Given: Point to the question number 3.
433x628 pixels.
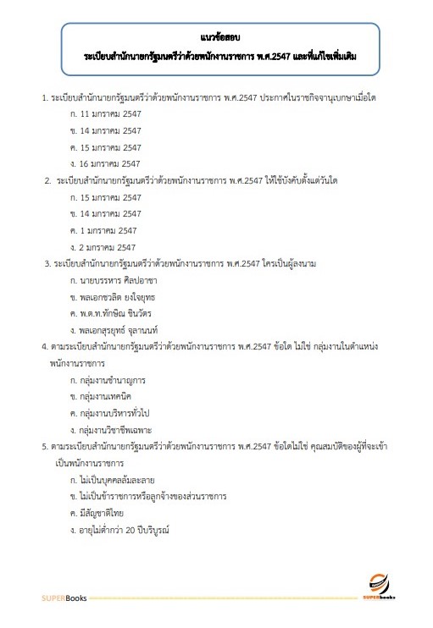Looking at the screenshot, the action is [x=47, y=263].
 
